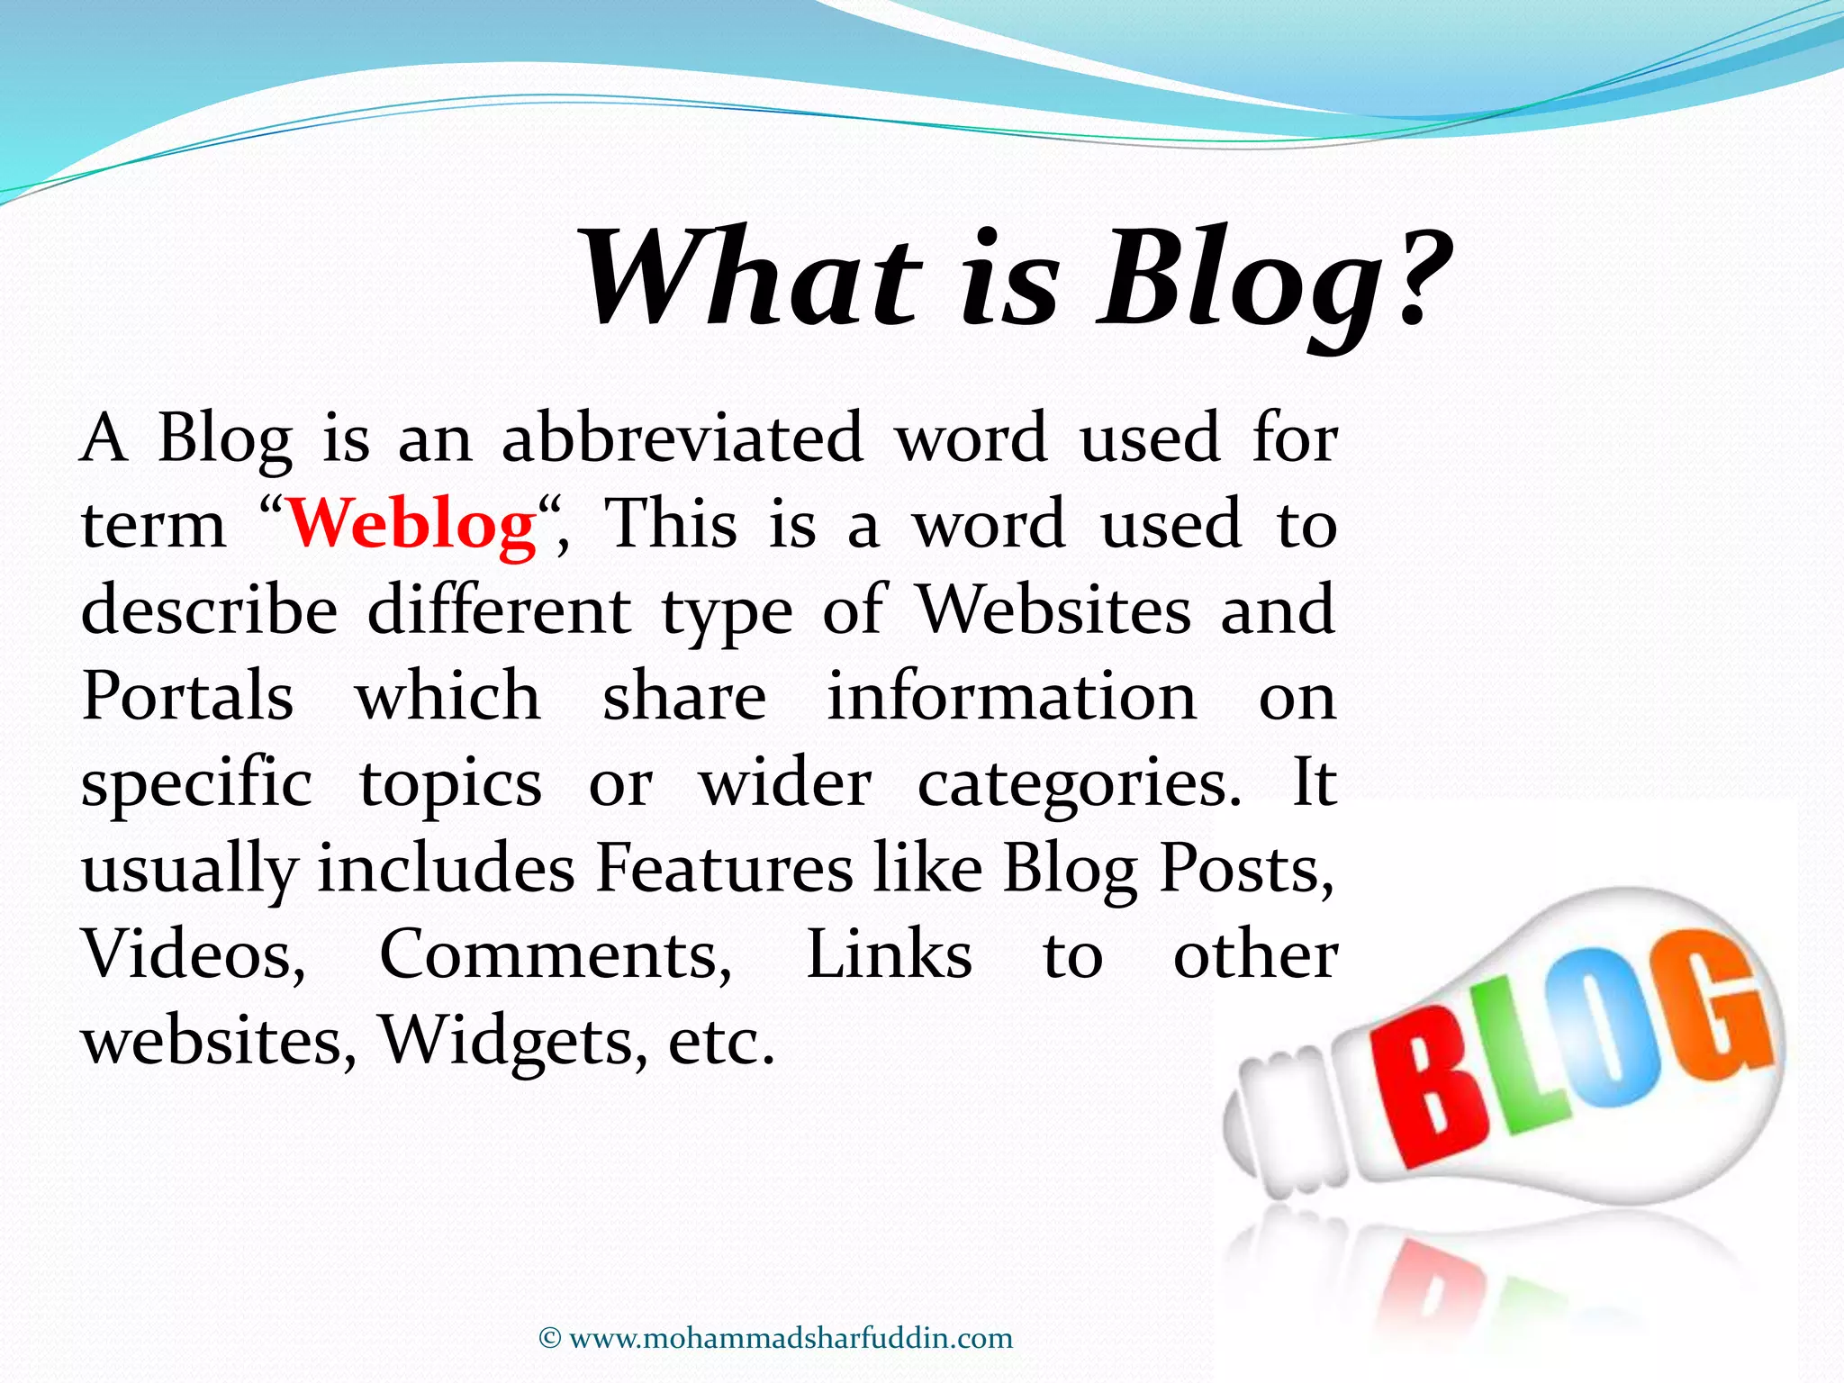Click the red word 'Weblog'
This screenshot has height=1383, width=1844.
[x=411, y=524]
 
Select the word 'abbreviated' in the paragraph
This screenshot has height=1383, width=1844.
[x=682, y=438]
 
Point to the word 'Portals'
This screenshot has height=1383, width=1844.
[x=187, y=696]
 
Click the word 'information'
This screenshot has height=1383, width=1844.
[x=1011, y=696]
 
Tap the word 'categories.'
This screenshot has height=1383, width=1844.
[x=1079, y=783]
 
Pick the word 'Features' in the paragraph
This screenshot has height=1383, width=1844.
[x=724, y=869]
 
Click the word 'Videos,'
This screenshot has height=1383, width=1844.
[x=194, y=955]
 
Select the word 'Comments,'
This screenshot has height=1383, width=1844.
[x=556, y=955]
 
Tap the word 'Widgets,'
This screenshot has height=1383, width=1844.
[x=512, y=1042]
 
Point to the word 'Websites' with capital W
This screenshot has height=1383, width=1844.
[x=1053, y=610]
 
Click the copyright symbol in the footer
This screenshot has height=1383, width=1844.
[x=549, y=1338]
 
